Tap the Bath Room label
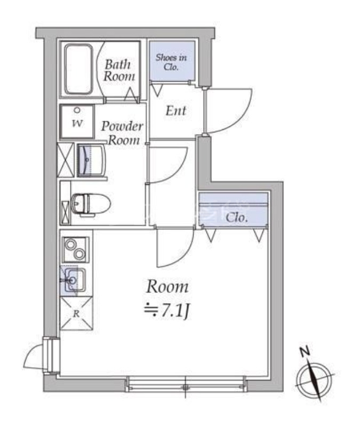(117, 70)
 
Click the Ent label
(176, 111)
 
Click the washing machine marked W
(77, 122)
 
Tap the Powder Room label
(123, 133)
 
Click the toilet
(91, 203)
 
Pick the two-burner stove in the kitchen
(75, 249)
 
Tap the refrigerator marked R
(76, 313)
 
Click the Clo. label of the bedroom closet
(235, 217)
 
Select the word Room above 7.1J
(167, 287)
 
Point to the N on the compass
(305, 352)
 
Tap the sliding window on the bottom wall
(186, 384)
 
